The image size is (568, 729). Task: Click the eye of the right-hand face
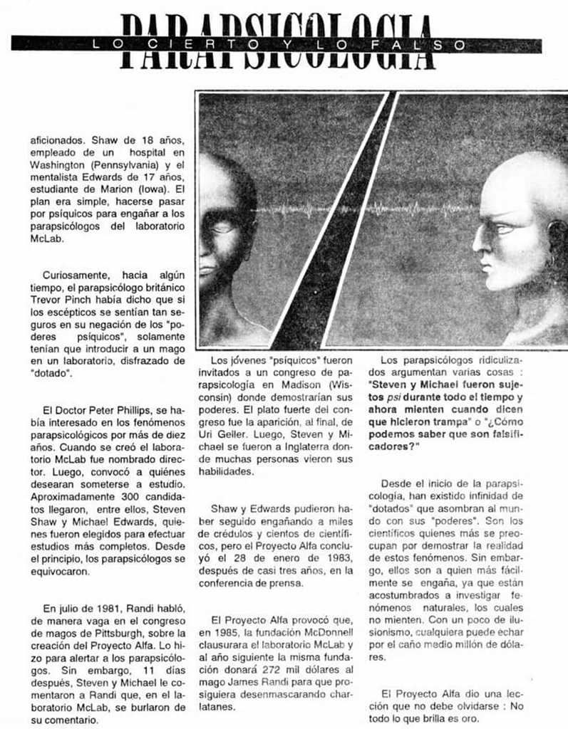click(x=503, y=229)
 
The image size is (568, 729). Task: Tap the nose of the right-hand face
click(x=479, y=246)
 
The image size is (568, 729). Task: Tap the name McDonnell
click(x=334, y=633)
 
